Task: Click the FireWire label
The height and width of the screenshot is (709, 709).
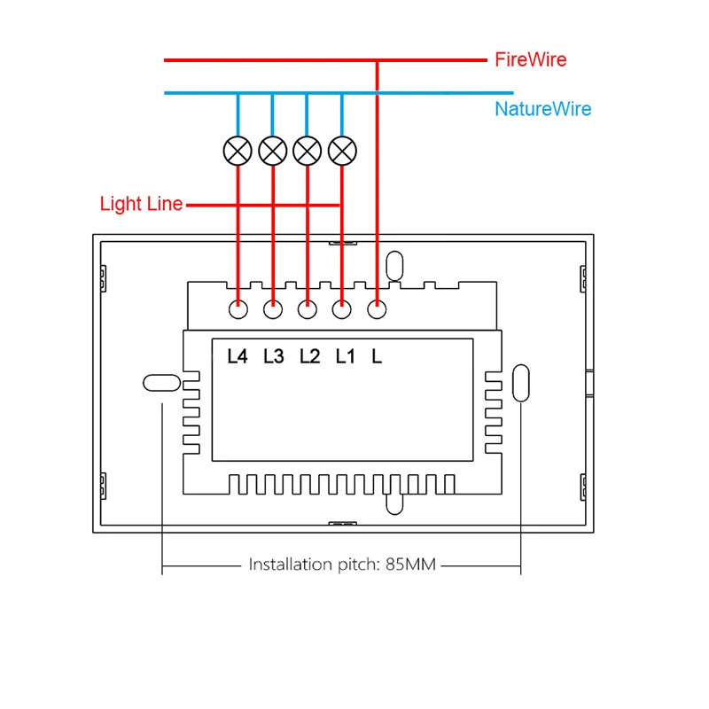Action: point(530,59)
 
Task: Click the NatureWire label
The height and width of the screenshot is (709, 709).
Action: point(543,109)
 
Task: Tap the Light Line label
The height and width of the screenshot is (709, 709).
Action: point(141,204)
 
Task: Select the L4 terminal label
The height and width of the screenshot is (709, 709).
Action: point(238,356)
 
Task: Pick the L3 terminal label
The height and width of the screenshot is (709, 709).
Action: point(274,356)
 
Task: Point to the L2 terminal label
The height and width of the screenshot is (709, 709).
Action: point(309,356)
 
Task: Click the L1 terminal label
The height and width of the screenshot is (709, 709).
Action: point(345,356)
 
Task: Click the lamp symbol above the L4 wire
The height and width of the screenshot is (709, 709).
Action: point(238,151)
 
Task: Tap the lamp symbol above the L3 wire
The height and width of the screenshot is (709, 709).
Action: point(273,151)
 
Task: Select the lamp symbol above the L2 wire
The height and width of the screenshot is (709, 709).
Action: point(308,151)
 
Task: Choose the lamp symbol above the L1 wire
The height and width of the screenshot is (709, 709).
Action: point(342,151)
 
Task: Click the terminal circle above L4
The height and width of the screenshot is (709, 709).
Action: point(238,309)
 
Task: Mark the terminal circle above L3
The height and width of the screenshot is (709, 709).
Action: point(273,309)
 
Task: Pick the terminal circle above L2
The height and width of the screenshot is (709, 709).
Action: point(308,309)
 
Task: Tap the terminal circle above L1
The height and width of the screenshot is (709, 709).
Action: point(342,309)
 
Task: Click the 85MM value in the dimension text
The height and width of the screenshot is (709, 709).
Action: point(410,565)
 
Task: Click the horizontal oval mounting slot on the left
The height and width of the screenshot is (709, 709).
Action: point(162,383)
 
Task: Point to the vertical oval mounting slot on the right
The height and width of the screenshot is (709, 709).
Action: point(521,383)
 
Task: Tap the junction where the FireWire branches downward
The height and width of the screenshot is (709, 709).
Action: point(378,59)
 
